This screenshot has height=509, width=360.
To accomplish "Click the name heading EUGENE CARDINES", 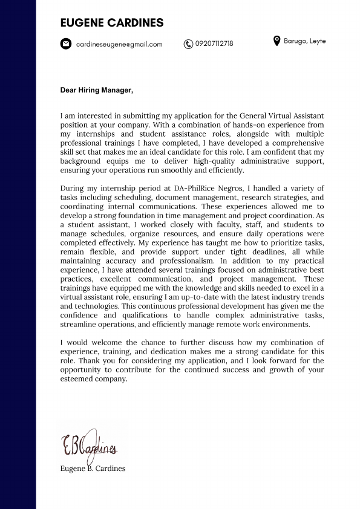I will click(112, 23).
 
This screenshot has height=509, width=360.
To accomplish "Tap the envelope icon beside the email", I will click(65, 44).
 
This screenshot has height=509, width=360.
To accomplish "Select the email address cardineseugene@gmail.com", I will click(119, 44).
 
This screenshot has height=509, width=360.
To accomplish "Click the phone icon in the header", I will click(188, 44).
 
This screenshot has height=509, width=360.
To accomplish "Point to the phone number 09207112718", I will click(214, 44).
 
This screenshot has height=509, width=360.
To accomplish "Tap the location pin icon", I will click(277, 41).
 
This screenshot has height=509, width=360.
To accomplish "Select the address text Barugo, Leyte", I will click(305, 41).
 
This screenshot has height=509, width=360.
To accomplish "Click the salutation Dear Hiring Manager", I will click(96, 90).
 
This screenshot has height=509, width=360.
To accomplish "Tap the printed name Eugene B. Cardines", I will click(93, 468).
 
